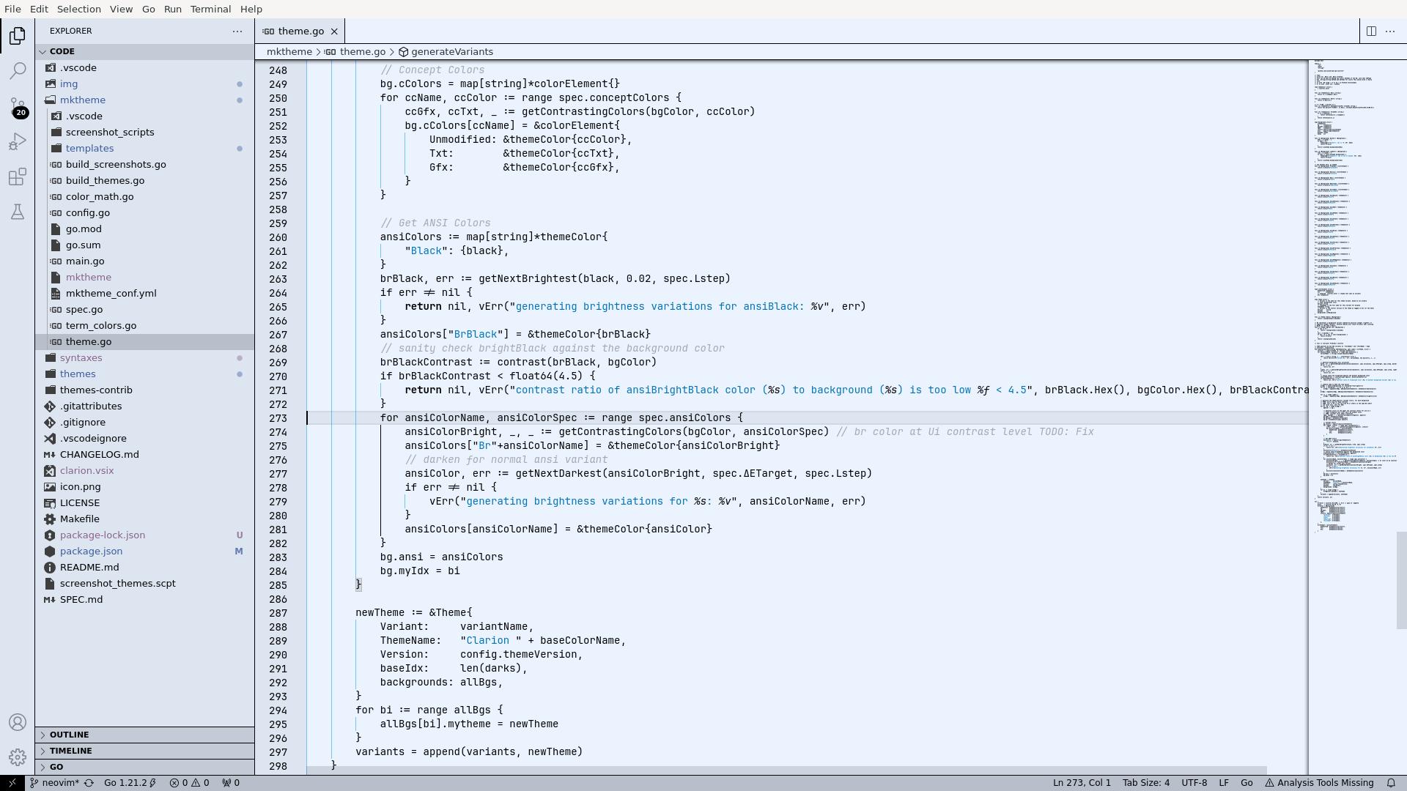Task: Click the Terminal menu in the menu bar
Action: [x=210, y=9]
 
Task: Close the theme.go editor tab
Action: [x=334, y=31]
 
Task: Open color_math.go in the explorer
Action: [x=100, y=196]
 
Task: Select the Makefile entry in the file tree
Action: [x=79, y=519]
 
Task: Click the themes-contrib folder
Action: [x=96, y=390]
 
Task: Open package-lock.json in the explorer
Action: [x=103, y=535]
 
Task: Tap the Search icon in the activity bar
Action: [x=18, y=70]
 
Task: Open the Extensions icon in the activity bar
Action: [x=18, y=177]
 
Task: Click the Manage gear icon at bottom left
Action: [x=18, y=757]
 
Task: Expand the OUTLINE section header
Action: [x=69, y=735]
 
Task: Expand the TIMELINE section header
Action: [x=70, y=751]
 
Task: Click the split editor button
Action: [x=1370, y=31]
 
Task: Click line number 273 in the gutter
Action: [x=278, y=418]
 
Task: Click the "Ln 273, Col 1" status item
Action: [x=1082, y=782]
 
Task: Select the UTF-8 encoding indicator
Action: [x=1194, y=782]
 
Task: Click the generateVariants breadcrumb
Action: [x=451, y=52]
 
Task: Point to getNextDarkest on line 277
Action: [x=558, y=473]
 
